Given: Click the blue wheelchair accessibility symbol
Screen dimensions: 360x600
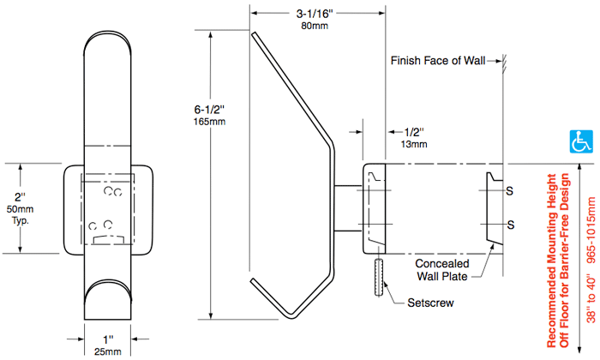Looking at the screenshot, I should pos(582,139).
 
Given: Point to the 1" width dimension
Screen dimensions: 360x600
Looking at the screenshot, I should pos(108,340).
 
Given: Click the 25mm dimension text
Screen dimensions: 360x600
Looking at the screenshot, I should pos(107,352).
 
